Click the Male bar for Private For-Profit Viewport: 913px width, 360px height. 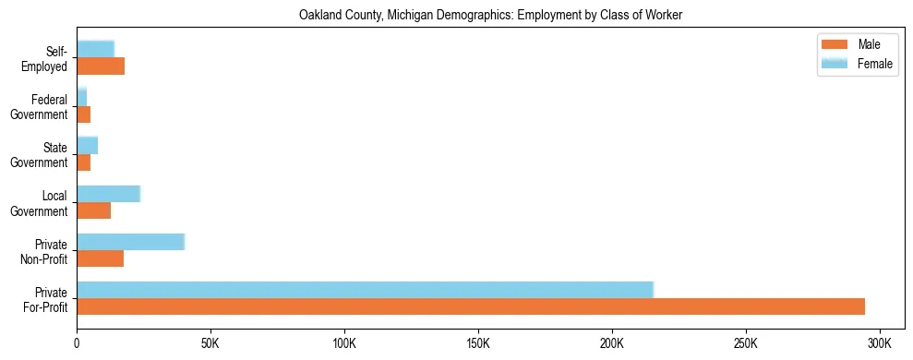[471, 306]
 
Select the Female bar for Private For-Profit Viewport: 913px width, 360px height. [365, 290]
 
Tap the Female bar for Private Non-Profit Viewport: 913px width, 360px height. [131, 242]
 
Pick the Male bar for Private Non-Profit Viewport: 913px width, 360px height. [100, 258]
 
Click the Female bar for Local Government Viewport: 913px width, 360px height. [108, 194]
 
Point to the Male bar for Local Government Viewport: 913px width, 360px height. [93, 210]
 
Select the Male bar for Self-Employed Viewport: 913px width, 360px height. [101, 66]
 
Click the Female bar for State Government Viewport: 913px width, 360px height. [87, 146]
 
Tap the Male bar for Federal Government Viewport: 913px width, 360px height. [83, 114]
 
